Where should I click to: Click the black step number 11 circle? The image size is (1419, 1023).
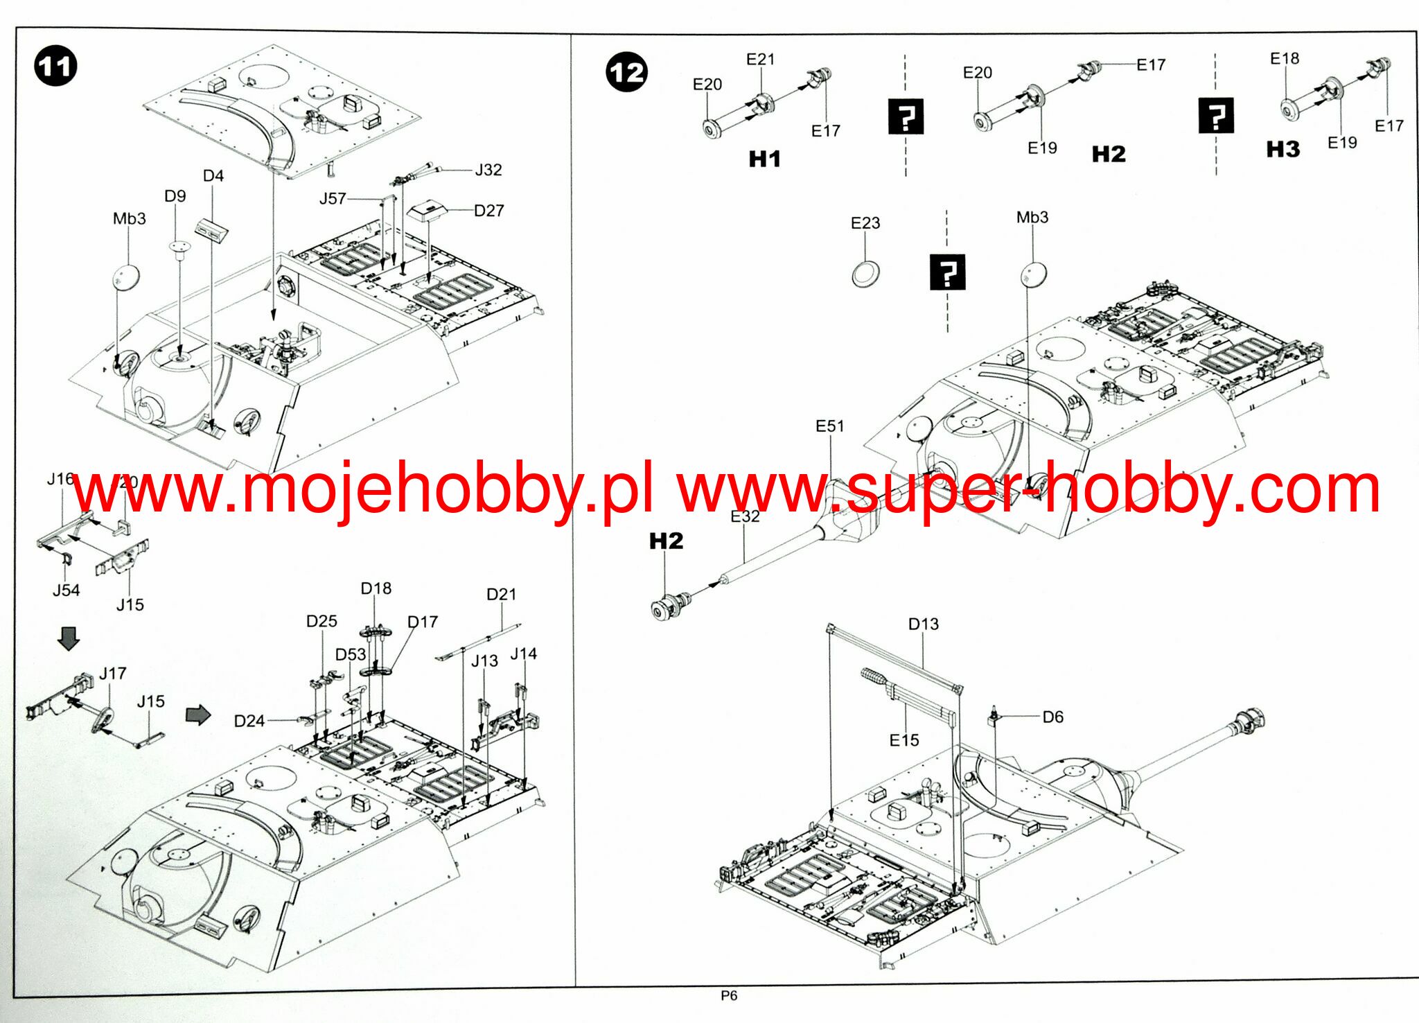pyautogui.click(x=55, y=67)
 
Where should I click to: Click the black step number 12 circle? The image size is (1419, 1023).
pyautogui.click(x=626, y=73)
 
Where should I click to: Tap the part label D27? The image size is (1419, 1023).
pyautogui.click(x=488, y=211)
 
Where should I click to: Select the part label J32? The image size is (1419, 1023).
pyautogui.click(x=488, y=170)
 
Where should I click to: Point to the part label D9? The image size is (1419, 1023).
pyautogui.click(x=175, y=196)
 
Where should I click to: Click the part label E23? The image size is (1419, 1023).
pyautogui.click(x=865, y=223)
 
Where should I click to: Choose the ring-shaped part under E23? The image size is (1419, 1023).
pyautogui.click(x=866, y=274)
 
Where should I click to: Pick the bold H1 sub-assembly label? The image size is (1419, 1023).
pyautogui.click(x=764, y=159)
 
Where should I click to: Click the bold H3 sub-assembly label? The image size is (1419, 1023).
pyautogui.click(x=1283, y=149)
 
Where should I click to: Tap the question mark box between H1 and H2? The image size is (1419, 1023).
pyautogui.click(x=906, y=116)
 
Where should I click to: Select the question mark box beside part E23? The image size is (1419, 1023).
pyautogui.click(x=947, y=272)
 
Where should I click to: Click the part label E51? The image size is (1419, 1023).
pyautogui.click(x=829, y=426)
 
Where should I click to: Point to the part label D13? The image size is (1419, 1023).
pyautogui.click(x=923, y=624)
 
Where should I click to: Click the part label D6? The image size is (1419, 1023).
pyautogui.click(x=1052, y=717)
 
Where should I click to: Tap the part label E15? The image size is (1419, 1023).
pyautogui.click(x=904, y=740)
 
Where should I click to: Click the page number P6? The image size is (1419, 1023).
pyautogui.click(x=729, y=996)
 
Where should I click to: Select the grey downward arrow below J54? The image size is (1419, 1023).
pyautogui.click(x=69, y=638)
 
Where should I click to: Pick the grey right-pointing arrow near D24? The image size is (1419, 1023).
pyautogui.click(x=198, y=715)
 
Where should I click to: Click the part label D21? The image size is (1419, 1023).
pyautogui.click(x=501, y=594)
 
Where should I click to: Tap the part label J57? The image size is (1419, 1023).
pyautogui.click(x=333, y=199)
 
